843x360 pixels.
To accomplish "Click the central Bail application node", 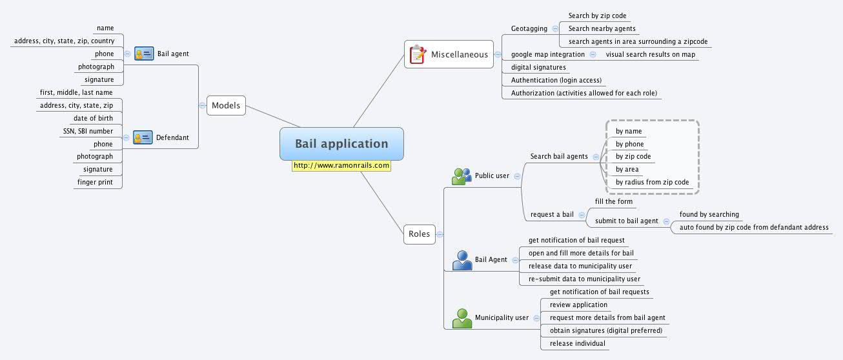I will tap(341, 144).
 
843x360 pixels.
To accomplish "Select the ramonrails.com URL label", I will tap(341, 166).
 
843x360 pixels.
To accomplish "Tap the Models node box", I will tap(226, 105).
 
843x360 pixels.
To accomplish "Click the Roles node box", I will tap(419, 234).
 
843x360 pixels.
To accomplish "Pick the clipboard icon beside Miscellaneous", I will tap(418, 55).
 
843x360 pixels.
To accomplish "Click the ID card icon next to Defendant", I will tap(143, 137).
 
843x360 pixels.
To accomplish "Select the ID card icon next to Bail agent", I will tap(144, 54).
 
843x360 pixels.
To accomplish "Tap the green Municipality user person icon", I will tap(462, 318).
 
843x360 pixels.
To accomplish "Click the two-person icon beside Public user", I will tap(462, 175).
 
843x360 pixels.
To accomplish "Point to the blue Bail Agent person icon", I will tap(462, 260).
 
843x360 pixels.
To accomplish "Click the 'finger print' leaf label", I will tap(95, 183).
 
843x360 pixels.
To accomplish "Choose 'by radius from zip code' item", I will tap(652, 183).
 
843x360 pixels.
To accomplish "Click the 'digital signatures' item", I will tap(538, 67).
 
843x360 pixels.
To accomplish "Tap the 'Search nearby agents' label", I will tap(602, 28).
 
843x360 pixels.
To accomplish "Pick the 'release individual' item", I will tap(577, 343).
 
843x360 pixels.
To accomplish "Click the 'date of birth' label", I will tap(93, 118).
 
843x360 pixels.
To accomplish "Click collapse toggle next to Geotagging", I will tap(554, 29).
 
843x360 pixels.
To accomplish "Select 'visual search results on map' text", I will tap(650, 54).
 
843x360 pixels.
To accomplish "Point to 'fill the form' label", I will tap(613, 201).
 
